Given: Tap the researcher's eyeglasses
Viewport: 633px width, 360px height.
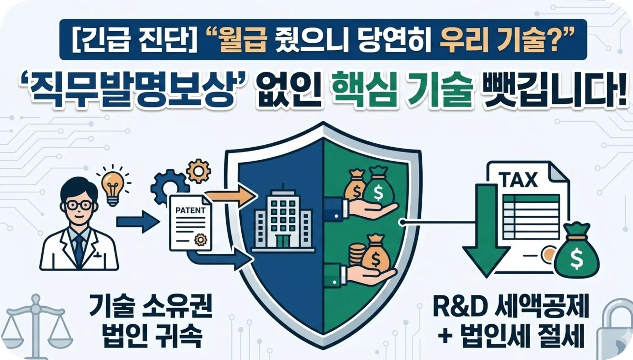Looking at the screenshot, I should pos(79,205).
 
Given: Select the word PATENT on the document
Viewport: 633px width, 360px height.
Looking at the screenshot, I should pos(191,210).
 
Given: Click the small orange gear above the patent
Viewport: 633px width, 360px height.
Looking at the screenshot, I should pos(197,170).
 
